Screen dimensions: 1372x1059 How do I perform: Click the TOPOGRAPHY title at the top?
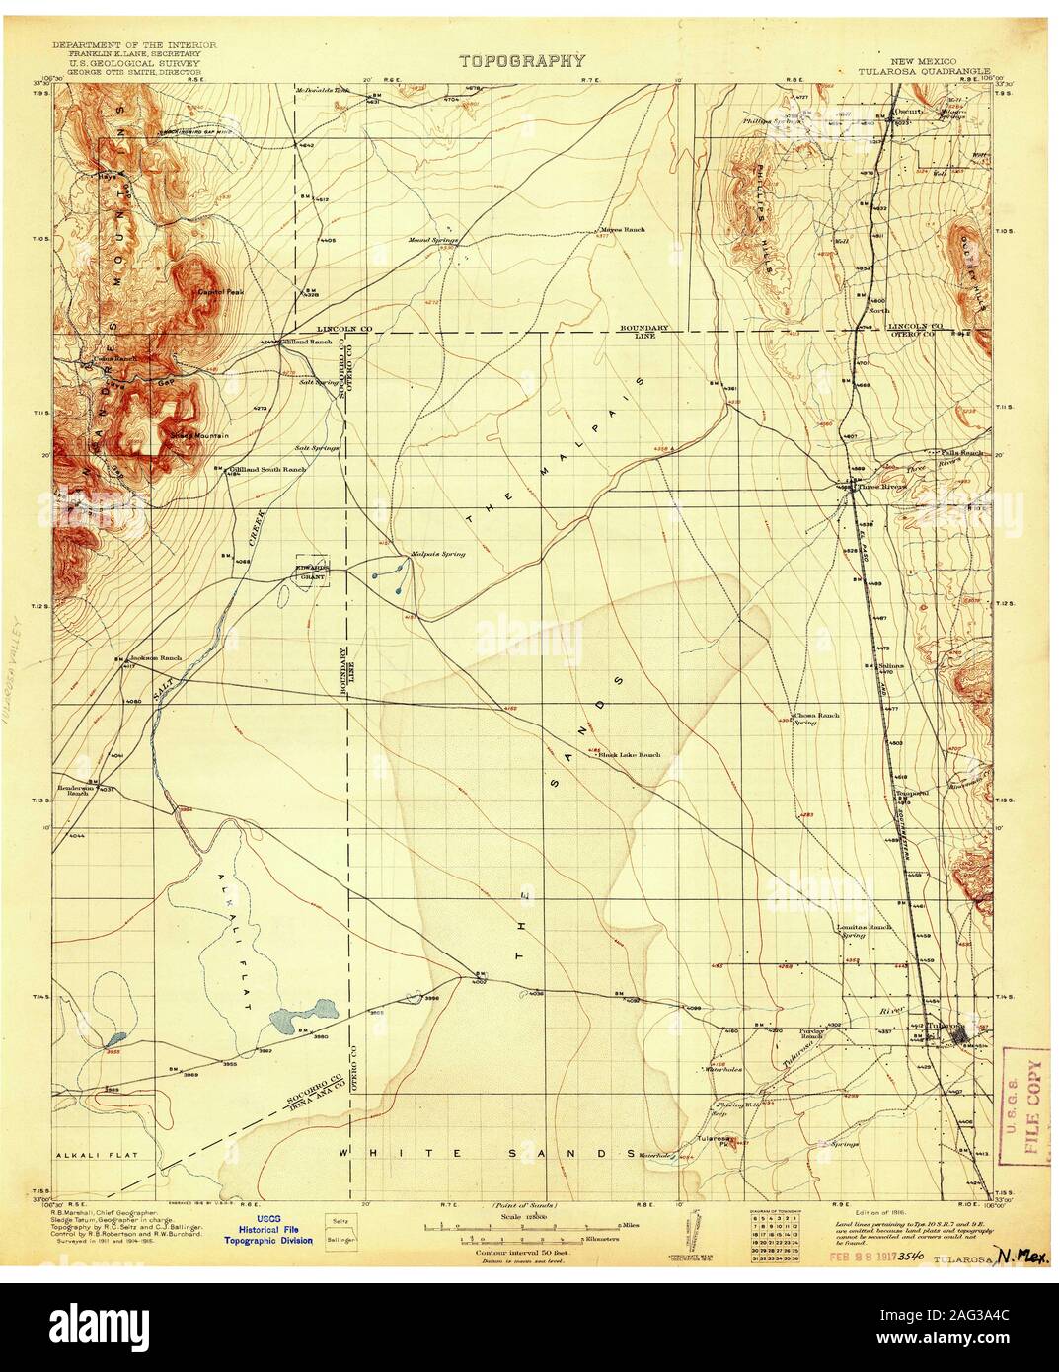[522, 61]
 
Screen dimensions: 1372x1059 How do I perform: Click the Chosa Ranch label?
[816, 717]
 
